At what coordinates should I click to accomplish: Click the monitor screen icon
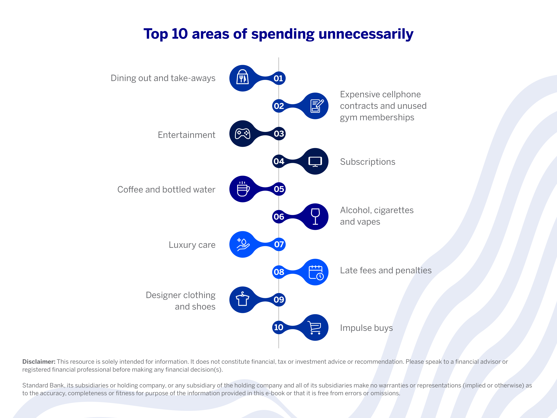pos(315,162)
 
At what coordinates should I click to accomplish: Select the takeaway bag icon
pos(243,78)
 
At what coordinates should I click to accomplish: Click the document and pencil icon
pos(316,106)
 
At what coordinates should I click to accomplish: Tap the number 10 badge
pos(278,327)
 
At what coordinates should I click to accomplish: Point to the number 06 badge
pos(279,217)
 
